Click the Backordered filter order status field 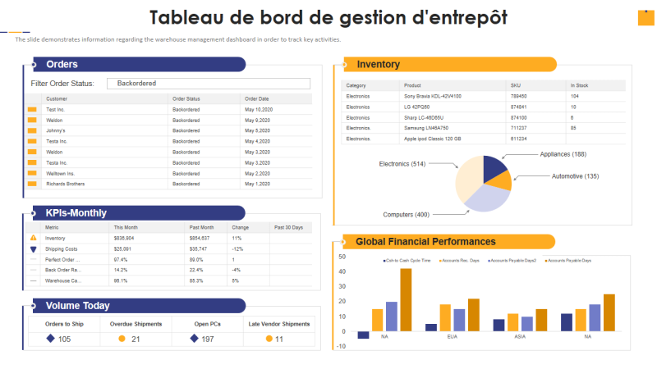click(212, 84)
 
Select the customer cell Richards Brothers click(65, 184)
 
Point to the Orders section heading click(62, 65)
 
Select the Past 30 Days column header click(288, 227)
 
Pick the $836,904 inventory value click(123, 238)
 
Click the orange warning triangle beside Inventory click(34, 238)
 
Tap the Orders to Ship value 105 click(64, 339)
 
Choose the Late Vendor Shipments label click(279, 324)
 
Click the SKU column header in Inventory click(516, 85)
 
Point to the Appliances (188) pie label click(563, 154)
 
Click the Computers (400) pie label click(406, 215)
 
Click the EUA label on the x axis click(452, 337)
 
